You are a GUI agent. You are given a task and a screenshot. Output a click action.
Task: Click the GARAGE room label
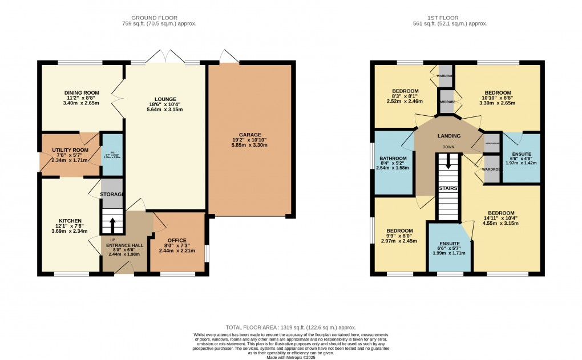click(250, 135)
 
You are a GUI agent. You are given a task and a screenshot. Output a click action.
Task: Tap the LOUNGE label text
click(164, 99)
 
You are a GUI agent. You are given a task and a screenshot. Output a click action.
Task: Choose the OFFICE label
click(177, 240)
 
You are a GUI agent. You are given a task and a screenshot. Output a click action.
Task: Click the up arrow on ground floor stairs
click(112, 221)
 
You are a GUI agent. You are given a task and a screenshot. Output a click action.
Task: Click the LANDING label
click(448, 136)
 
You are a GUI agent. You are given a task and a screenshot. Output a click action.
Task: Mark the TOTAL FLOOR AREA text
click(290, 327)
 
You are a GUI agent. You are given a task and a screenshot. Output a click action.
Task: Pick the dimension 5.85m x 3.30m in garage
click(250, 145)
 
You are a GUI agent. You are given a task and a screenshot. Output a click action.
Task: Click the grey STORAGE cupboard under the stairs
click(112, 194)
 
